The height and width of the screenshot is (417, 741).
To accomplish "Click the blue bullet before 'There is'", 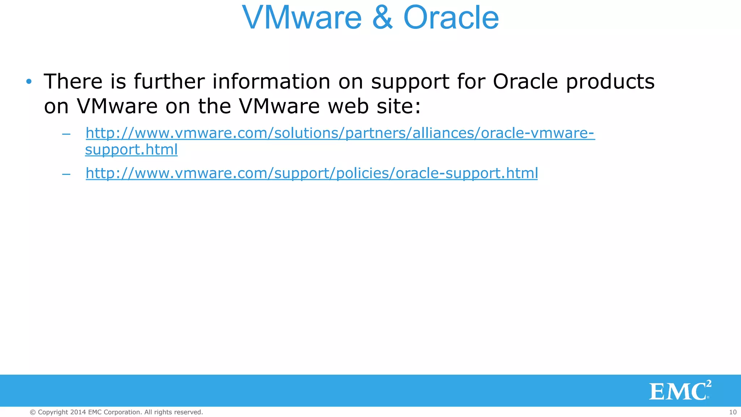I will point(29,81).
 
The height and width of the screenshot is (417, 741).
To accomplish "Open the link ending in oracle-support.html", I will point(312,173).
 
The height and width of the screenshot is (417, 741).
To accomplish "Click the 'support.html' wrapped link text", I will point(131,149).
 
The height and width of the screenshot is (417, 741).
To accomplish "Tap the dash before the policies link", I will point(66,174).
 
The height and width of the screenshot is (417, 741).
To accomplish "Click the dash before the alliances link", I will point(66,134).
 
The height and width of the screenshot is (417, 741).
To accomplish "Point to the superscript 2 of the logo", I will point(708,384).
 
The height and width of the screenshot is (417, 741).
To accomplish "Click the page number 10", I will point(732,412).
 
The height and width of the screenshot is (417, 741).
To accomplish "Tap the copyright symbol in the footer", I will point(33,412).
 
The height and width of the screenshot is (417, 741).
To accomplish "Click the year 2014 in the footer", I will point(78,412).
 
